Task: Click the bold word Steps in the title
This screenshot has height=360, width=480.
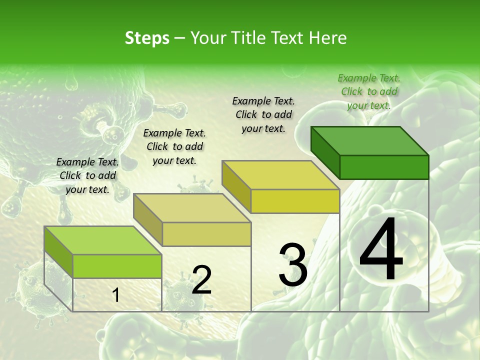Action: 147,38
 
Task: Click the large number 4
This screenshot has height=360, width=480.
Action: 381,250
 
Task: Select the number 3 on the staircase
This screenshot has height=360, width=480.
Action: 293,265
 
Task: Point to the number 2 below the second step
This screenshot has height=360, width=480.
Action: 201,280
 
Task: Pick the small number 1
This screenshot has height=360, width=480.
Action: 116,295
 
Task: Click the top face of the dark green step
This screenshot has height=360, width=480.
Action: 369,140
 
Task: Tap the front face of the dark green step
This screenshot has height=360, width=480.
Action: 384,167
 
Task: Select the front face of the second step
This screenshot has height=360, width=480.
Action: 206,234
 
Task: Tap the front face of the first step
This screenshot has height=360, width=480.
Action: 117,266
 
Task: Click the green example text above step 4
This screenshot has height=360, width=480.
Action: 369,91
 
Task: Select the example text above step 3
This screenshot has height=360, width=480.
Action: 263,114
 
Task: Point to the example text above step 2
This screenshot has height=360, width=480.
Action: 174,146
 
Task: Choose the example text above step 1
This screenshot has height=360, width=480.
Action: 87,175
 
